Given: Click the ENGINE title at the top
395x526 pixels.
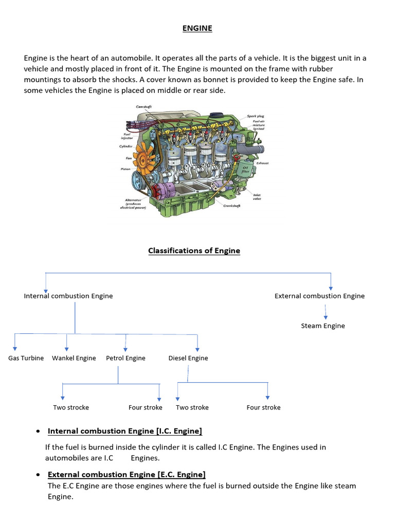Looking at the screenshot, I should [x=197, y=28].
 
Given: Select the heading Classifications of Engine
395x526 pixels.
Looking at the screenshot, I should [x=194, y=251].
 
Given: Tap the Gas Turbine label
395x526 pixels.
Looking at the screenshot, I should [x=26, y=358].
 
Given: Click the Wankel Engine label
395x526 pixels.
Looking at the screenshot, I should [x=74, y=358].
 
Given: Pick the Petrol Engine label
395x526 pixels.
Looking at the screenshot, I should [x=125, y=358].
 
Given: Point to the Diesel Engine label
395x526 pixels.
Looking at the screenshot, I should [x=188, y=358].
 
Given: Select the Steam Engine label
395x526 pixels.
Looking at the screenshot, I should [x=323, y=326].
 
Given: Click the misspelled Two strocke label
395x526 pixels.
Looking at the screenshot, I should [x=71, y=407].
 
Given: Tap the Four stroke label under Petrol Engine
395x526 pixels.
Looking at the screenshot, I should [x=146, y=407].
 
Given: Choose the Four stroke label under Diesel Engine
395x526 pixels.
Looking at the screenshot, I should [x=264, y=407].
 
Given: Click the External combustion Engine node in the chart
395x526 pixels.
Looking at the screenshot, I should [x=319, y=296].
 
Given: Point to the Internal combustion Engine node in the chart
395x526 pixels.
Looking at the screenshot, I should [x=68, y=296].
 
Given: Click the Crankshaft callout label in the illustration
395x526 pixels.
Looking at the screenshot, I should [x=232, y=205].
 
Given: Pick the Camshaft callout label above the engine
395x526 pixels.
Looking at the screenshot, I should [x=143, y=106].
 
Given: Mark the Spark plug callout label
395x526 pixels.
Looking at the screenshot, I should [x=256, y=116].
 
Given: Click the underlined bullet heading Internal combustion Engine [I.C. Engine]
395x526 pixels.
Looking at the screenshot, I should [x=125, y=431].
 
